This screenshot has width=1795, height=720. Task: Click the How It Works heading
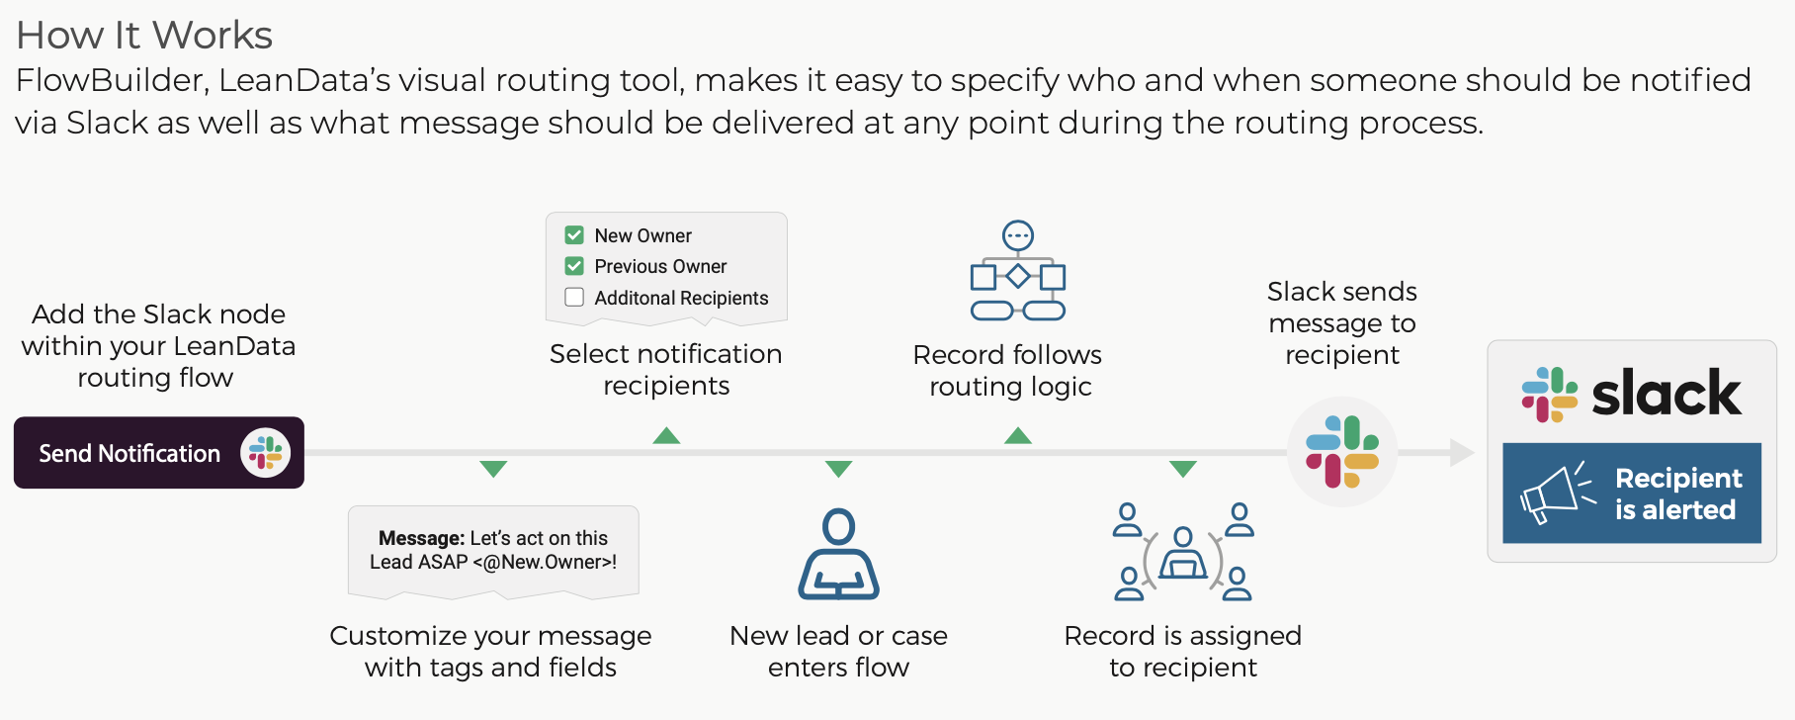point(144,36)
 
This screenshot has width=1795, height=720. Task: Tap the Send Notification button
point(158,453)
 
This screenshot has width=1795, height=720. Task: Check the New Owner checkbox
point(574,235)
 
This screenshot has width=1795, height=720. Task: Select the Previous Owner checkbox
point(574,266)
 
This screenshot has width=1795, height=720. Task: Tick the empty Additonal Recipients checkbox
point(574,297)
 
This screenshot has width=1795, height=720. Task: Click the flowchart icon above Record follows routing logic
point(1017,271)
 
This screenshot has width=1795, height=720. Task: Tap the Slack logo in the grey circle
point(1342,452)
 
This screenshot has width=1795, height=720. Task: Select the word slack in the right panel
point(1667,394)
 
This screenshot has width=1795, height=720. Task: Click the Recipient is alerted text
point(1677,494)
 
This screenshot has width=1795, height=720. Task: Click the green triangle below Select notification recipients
point(667,436)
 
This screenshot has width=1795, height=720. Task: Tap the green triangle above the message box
point(493,468)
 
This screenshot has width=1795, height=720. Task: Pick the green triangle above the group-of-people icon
point(1183,468)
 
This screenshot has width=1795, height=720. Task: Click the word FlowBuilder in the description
point(112,80)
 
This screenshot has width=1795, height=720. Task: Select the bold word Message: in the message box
point(421,538)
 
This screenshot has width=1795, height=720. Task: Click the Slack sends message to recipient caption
point(1341,322)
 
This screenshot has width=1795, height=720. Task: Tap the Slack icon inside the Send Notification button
point(265,453)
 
